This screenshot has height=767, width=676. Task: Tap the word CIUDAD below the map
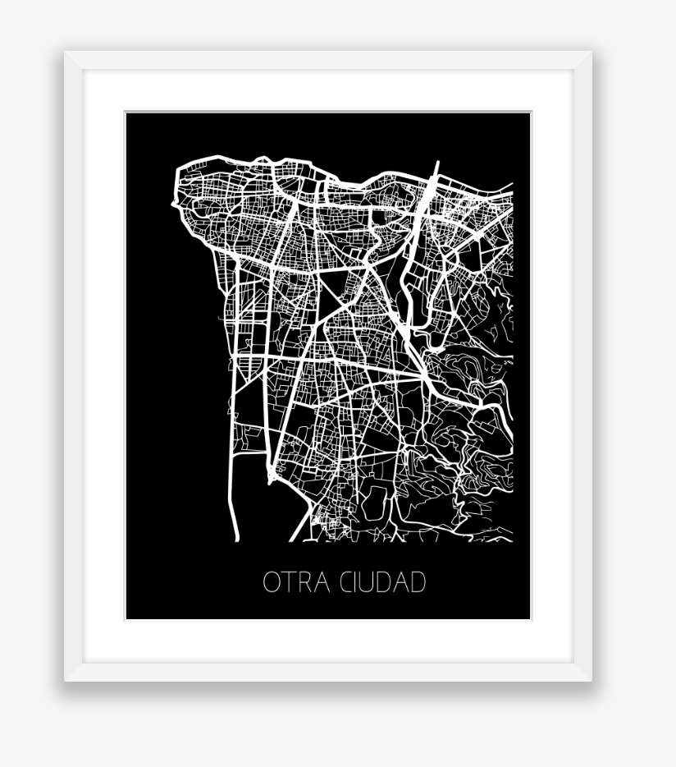tap(383, 582)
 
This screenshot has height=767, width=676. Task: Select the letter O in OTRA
tap(272, 582)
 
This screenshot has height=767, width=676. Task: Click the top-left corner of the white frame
tap(66, 53)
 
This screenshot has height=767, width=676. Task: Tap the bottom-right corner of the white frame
tap(591, 680)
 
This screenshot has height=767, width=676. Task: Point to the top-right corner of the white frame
tap(591, 53)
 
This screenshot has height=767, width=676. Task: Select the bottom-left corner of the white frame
tap(66, 680)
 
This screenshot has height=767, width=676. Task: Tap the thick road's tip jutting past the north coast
tap(437, 163)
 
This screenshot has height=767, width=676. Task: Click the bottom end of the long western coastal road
tap(236, 539)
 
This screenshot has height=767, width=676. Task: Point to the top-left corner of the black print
tap(126, 113)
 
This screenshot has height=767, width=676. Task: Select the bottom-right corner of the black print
tap(530, 618)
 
